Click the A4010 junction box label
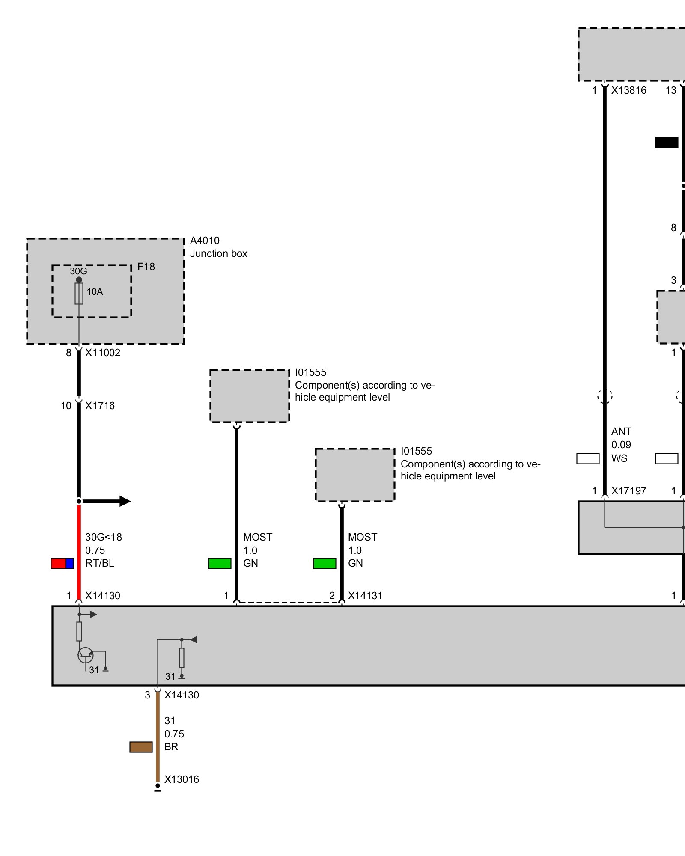tap(205, 241)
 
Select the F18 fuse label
tap(146, 267)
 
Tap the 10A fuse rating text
tap(95, 292)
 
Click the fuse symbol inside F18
tap(79, 294)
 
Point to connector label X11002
tap(103, 353)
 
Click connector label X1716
tap(100, 406)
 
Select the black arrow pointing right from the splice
tap(107, 501)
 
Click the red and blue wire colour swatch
tap(62, 563)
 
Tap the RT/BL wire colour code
tap(100, 563)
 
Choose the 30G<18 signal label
tap(104, 537)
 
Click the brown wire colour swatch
tap(141, 747)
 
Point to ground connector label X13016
tap(182, 779)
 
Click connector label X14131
tap(365, 596)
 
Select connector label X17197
tap(628, 491)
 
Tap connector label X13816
tap(628, 90)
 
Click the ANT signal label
tap(621, 431)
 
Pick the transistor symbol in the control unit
tap(86, 655)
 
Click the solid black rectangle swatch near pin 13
tap(667, 142)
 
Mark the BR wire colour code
tap(171, 747)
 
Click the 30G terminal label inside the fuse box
tap(78, 271)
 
